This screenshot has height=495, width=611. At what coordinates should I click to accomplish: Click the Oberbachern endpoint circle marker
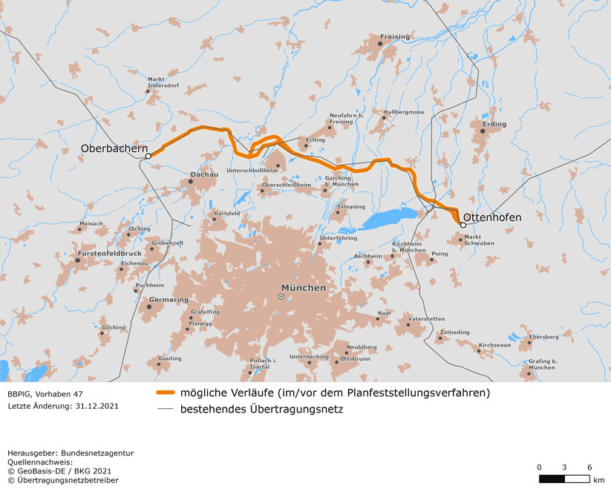pyautogui.click(x=148, y=156)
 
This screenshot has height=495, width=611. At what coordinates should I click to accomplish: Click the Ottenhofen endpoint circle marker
pyautogui.click(x=463, y=225)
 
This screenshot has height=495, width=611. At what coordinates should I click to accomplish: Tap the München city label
pyautogui.click(x=303, y=287)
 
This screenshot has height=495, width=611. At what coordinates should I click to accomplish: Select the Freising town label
pyautogui.click(x=394, y=36)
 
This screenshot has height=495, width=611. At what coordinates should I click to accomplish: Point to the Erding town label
pyautogui.click(x=494, y=124)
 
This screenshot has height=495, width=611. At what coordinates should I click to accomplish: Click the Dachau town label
pyautogui.click(x=204, y=174)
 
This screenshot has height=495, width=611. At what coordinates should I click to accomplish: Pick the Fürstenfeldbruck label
pyautogui.click(x=109, y=253)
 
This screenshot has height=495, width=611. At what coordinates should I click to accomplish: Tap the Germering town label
pyautogui.click(x=169, y=299)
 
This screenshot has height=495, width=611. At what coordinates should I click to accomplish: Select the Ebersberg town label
pyautogui.click(x=543, y=337)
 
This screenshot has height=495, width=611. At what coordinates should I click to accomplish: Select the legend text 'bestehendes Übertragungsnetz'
pyautogui.click(x=261, y=408)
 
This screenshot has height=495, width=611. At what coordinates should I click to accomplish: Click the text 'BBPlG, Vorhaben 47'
pyautogui.click(x=45, y=393)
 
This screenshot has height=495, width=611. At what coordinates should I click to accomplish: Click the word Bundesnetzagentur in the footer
pyautogui.click(x=97, y=453)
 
